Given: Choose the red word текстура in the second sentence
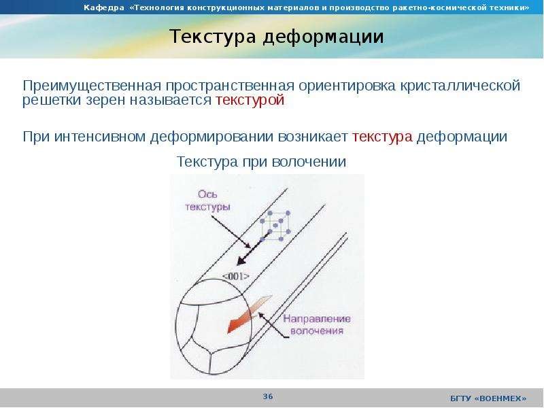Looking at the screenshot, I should pyautogui.click(x=383, y=137).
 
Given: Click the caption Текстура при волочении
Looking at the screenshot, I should pyautogui.click(x=262, y=162).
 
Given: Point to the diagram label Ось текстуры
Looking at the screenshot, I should pyautogui.click(x=207, y=201).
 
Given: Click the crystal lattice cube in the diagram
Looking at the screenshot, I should pyautogui.click(x=276, y=225).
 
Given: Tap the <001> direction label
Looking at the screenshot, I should pyautogui.click(x=235, y=276).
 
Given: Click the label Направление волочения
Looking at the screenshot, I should pyautogui.click(x=316, y=324).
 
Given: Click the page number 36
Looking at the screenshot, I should pyautogui.click(x=268, y=396).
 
